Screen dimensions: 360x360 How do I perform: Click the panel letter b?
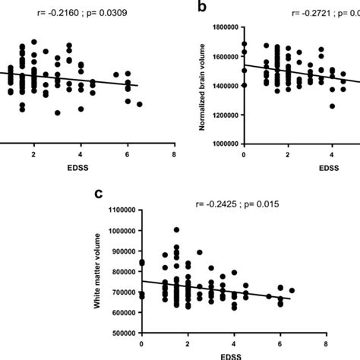click(201, 8)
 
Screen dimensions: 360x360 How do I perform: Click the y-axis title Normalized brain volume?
click(203, 84)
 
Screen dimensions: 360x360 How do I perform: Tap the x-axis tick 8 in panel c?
click(326, 343)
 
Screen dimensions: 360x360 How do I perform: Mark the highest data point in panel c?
click(176, 229)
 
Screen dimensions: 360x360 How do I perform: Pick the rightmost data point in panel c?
click(292, 290)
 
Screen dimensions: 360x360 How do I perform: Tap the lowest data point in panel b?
click(332, 106)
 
